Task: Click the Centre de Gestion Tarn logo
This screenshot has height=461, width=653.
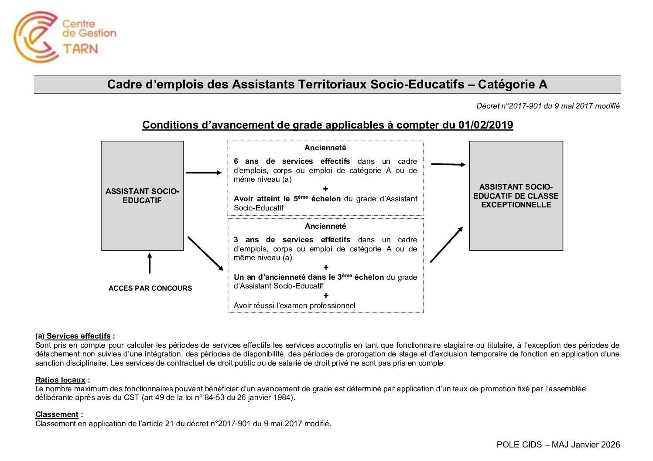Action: click(65, 37)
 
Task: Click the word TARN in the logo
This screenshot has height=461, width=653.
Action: click(81, 48)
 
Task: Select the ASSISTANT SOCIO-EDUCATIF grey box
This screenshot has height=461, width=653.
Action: click(142, 196)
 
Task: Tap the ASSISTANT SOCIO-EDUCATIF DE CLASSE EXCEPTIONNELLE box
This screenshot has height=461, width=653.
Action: click(516, 196)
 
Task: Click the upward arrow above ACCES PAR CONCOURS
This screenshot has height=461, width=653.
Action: click(150, 263)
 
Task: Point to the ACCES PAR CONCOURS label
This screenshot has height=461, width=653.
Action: click(150, 288)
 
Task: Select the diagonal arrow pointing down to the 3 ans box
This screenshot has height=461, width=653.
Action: click(205, 253)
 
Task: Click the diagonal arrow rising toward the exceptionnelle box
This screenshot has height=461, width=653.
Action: click(446, 244)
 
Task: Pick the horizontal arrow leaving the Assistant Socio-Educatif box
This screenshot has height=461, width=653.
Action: click(204, 173)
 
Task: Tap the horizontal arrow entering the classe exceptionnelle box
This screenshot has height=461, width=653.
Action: click(448, 164)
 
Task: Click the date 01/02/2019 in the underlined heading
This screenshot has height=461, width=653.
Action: click(485, 125)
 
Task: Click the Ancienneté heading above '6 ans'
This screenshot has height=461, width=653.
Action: click(325, 148)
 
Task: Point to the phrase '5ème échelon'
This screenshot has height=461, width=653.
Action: click(317, 199)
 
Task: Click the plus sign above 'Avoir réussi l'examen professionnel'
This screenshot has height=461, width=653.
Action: click(326, 295)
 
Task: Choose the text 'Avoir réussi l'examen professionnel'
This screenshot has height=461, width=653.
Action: click(294, 305)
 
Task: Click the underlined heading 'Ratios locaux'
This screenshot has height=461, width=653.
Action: click(60, 380)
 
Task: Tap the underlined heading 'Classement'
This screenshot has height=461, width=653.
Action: click(57, 414)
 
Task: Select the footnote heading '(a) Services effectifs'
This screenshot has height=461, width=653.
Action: click(73, 336)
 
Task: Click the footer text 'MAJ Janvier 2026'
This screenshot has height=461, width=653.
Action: click(585, 444)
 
